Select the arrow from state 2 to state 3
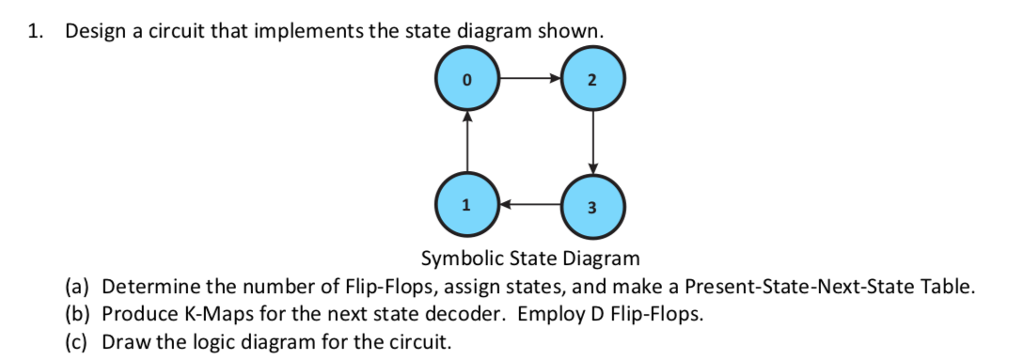click(x=591, y=143)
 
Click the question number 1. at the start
click(x=35, y=30)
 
